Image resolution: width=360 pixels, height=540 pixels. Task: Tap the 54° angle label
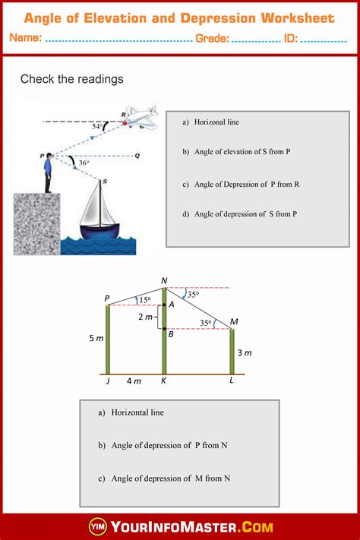pos(96,126)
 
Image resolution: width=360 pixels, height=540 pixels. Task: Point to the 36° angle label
pos(84,163)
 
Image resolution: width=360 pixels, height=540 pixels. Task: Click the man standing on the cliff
pos(49,172)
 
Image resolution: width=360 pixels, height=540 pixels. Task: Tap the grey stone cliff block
pos(36,224)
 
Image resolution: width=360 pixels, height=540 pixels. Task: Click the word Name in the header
pos(26,39)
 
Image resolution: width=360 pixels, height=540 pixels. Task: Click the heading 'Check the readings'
pos(71,79)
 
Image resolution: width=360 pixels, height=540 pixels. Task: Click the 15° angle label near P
pos(144,300)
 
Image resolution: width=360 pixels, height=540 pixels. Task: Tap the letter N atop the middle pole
pos(164,281)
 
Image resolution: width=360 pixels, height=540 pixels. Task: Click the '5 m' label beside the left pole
pos(95,339)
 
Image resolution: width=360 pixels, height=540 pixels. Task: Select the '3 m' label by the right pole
pos(243,352)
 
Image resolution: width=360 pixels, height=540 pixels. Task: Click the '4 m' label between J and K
pos(134,381)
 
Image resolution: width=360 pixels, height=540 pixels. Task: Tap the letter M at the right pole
pos(233,322)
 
